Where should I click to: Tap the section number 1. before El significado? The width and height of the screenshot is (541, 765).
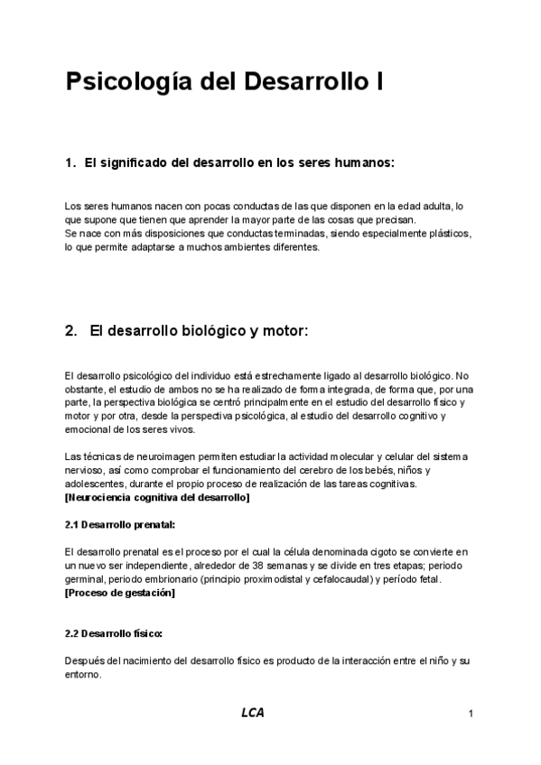pyautogui.click(x=71, y=163)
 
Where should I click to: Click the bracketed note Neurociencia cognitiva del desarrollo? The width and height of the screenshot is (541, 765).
pyautogui.click(x=158, y=497)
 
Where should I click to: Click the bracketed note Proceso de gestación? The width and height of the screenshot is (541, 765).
pyautogui.click(x=120, y=593)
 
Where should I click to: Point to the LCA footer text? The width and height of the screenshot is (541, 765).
pyautogui.click(x=253, y=713)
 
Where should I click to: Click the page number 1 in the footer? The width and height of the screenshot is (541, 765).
pyautogui.click(x=471, y=714)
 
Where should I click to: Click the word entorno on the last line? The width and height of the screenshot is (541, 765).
pyautogui.click(x=82, y=674)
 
